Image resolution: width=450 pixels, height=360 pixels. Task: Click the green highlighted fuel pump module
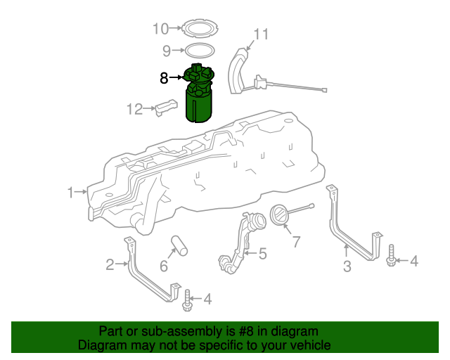tap(199, 98)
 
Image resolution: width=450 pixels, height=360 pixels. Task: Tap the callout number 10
tap(161, 29)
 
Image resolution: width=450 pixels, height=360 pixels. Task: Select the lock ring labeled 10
tap(199, 30)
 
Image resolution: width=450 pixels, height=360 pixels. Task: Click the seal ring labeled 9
tap(199, 50)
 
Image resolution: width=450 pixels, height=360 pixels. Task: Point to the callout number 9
tap(167, 51)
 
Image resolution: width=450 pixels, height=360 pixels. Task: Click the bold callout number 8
tap(164, 78)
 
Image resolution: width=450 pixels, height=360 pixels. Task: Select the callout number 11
tap(261, 34)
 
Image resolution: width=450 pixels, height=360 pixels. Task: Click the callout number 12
tap(134, 109)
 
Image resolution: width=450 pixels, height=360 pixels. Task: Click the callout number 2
tap(110, 264)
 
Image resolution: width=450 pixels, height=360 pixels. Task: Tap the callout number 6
tap(164, 266)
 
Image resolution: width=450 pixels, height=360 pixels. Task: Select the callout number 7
tap(296, 242)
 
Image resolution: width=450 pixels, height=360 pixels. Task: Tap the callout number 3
tap(347, 266)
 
